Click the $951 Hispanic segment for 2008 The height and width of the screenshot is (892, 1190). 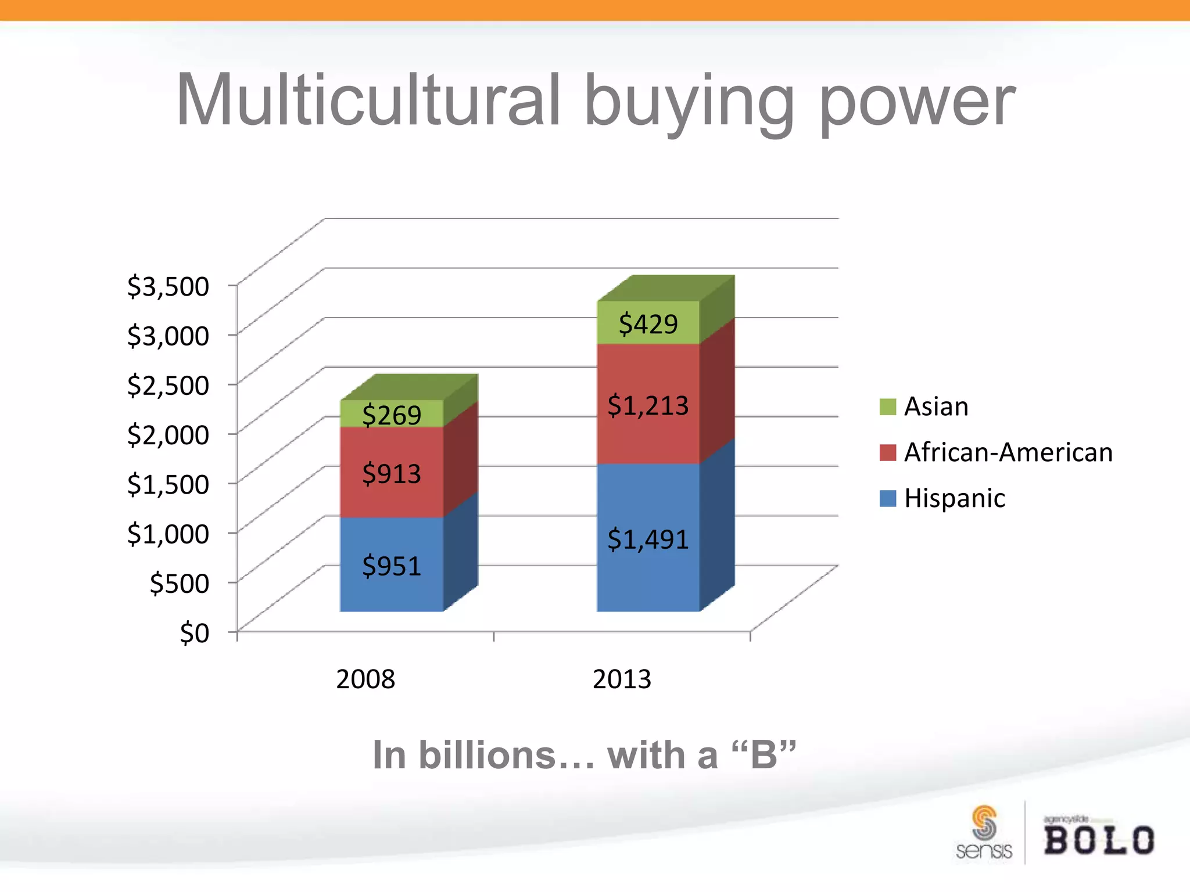(x=392, y=564)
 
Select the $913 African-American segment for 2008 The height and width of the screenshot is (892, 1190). (x=392, y=473)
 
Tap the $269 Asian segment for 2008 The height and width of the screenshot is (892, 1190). (x=392, y=414)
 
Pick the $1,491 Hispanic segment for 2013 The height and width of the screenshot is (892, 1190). (x=648, y=538)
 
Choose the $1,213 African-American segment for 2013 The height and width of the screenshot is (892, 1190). (x=648, y=404)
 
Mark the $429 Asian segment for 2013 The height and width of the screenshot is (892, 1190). (x=648, y=323)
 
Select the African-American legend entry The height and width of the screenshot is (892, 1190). (x=997, y=452)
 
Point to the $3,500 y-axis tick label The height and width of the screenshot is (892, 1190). (x=168, y=286)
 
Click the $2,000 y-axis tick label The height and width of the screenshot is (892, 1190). (x=168, y=434)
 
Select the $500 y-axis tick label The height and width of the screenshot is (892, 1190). (x=179, y=583)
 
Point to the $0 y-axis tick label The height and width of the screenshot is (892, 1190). (x=194, y=632)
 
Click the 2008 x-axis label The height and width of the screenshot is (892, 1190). (x=365, y=679)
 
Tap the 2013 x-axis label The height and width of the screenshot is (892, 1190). (x=622, y=679)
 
